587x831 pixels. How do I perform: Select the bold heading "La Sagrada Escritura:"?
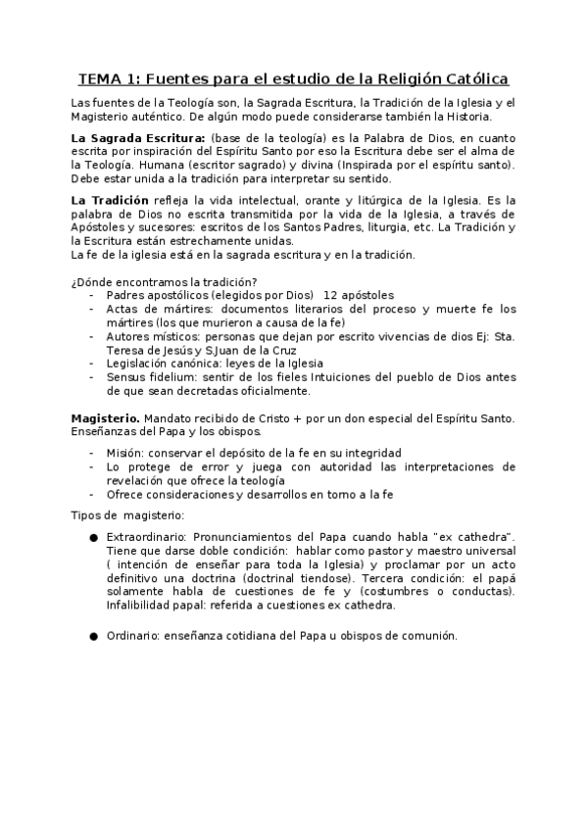coord(137,137)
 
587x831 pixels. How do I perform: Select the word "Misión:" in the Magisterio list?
coord(125,453)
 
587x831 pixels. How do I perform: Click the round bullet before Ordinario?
coord(93,636)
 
